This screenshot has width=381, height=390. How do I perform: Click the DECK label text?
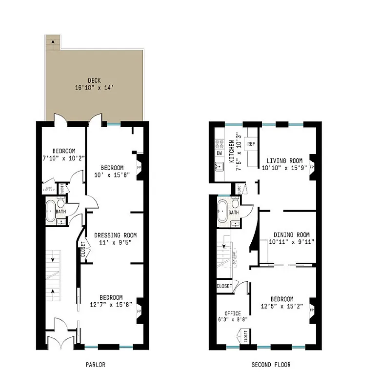[94, 80]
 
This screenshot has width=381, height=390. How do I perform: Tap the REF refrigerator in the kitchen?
[251, 144]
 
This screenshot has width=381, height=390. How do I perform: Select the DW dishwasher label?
[219, 153]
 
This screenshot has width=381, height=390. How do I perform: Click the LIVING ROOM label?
[284, 161]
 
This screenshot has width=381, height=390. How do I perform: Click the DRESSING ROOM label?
[115, 235]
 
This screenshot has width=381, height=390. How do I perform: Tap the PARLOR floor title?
[95, 365]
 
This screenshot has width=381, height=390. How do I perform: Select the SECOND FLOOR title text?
[271, 365]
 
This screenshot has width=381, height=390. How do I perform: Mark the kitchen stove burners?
[219, 143]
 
